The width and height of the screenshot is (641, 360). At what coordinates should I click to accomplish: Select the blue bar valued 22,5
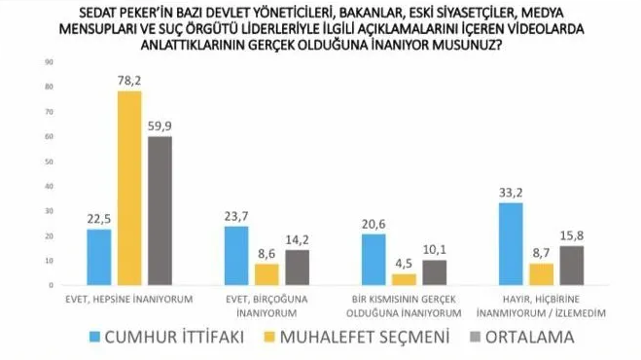(99, 257)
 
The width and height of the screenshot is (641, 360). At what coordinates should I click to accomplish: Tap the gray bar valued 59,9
(158, 210)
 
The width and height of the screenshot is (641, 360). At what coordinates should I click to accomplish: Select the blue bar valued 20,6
(374, 260)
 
